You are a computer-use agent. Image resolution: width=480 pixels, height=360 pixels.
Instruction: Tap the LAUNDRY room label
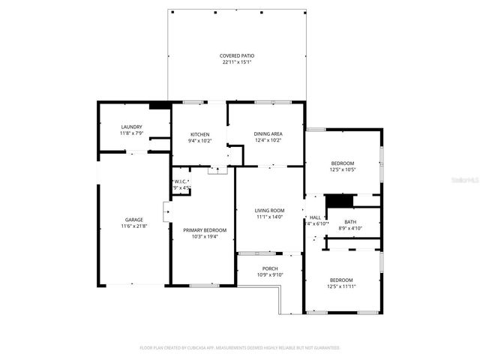coord(131,127)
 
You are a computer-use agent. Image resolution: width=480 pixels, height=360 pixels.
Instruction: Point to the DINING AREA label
coord(267,133)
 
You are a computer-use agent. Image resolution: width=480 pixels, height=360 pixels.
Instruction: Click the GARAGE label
coord(133,220)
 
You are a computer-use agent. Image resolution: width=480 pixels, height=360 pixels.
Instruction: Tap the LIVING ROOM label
coord(269,210)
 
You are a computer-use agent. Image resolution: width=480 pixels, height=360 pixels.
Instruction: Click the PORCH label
coord(269,268)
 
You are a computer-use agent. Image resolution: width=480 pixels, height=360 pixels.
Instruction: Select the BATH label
coord(350,221)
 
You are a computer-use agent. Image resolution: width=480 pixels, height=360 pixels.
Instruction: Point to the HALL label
coord(315,217)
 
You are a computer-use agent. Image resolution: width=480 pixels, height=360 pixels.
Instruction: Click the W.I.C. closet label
coord(181,181)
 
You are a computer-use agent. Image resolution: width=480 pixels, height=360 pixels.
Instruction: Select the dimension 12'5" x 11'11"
coord(341,286)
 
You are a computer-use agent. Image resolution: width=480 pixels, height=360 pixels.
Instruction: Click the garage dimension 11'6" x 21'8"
coord(133,226)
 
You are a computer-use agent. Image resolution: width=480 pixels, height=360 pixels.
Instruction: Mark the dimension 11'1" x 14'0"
coord(269,217)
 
